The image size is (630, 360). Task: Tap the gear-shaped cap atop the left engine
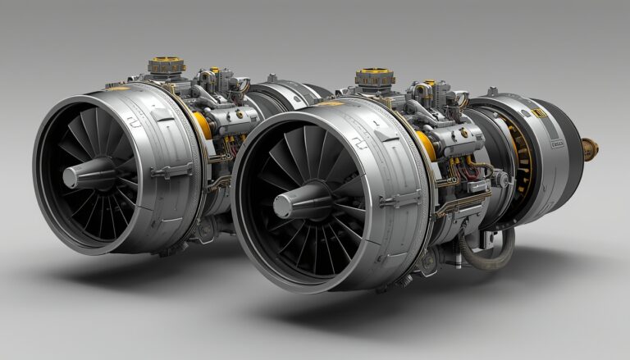[x=167, y=65]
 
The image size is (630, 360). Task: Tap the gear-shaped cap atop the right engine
[x=374, y=78]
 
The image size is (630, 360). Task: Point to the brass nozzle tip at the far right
[x=590, y=148]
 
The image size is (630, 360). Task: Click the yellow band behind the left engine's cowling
[x=202, y=125]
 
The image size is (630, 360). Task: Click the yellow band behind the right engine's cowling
[x=426, y=146]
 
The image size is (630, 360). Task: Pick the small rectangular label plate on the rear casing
[x=558, y=144]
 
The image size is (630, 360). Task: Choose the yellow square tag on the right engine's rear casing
[x=537, y=113]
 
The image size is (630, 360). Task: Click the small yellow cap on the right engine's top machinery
[x=427, y=83]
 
